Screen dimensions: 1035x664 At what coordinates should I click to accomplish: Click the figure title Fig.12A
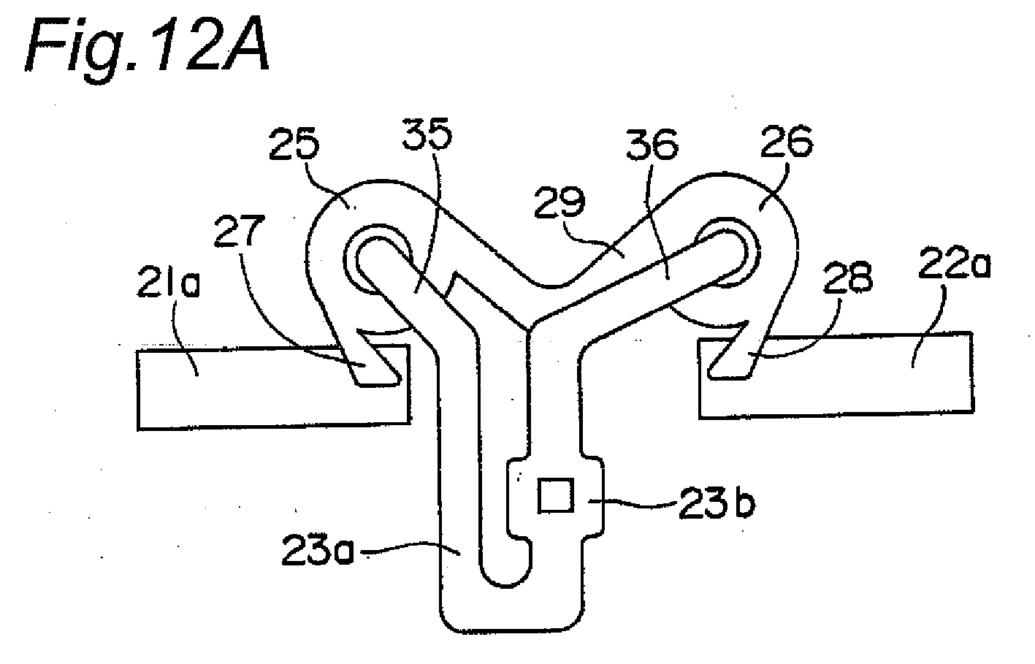click(x=147, y=48)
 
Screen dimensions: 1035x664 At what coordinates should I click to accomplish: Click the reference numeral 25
click(x=294, y=144)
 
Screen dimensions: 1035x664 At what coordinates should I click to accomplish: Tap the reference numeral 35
click(x=427, y=134)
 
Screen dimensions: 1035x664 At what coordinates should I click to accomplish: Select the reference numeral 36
click(x=652, y=145)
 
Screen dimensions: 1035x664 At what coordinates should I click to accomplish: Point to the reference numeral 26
click(x=787, y=141)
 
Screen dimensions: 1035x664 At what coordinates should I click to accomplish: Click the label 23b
click(x=717, y=503)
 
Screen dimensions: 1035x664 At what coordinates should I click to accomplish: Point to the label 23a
click(x=318, y=549)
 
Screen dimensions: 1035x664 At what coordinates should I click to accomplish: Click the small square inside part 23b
click(x=556, y=495)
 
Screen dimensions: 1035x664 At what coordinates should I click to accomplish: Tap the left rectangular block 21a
click(x=273, y=387)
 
